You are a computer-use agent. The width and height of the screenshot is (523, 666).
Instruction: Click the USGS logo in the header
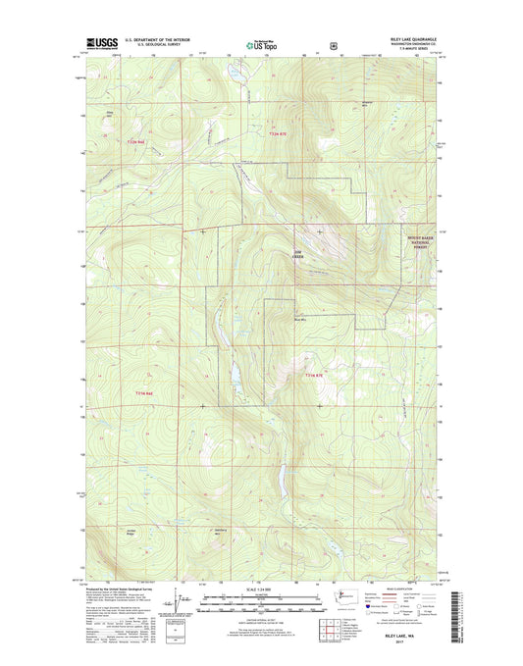click(x=105, y=43)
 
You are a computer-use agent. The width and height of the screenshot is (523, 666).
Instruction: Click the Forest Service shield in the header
click(x=336, y=43)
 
